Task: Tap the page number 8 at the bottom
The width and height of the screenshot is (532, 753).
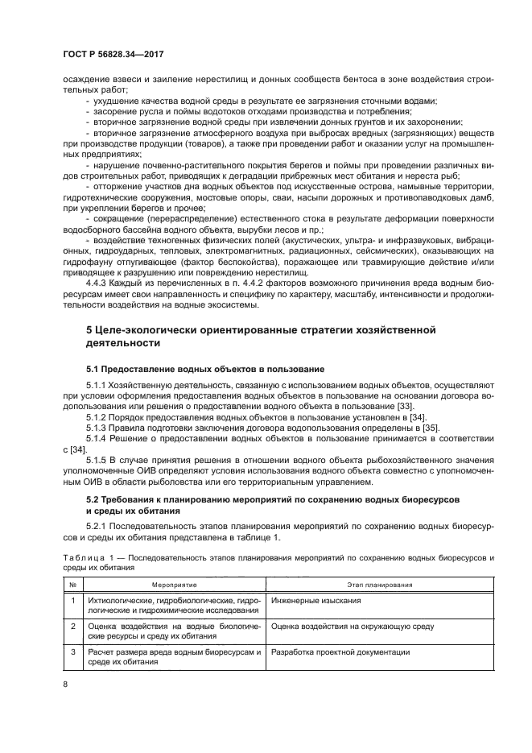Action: click(65, 685)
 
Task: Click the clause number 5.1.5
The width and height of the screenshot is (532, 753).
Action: click(97, 461)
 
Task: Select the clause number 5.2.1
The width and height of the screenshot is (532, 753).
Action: click(97, 526)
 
